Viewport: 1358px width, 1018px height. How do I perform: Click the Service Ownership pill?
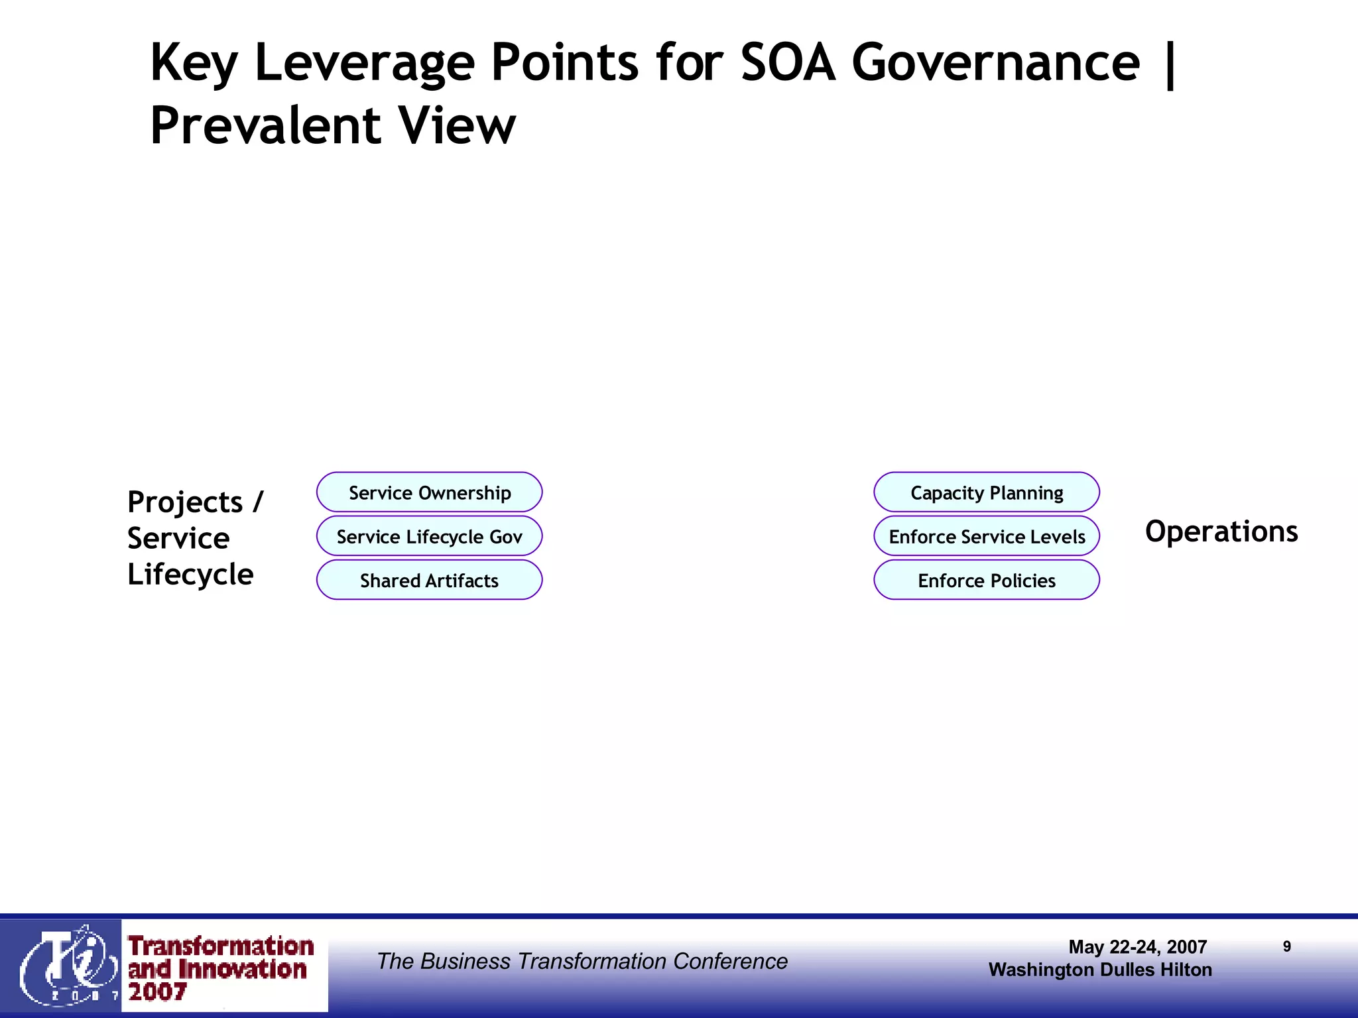(430, 492)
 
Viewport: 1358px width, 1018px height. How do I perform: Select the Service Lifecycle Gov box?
(430, 536)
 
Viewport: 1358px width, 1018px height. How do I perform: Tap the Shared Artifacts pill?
(430, 581)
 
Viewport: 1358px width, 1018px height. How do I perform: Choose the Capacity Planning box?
(987, 492)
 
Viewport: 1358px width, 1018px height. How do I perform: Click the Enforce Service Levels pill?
(987, 536)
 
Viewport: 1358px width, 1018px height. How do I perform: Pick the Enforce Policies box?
(987, 581)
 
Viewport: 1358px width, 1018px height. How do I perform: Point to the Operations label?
(1221, 532)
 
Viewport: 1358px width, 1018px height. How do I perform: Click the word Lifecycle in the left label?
(190, 574)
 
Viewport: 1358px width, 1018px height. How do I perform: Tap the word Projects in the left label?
(185, 502)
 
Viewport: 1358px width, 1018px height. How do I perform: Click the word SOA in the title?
(787, 62)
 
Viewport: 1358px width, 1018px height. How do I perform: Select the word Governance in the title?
(995, 62)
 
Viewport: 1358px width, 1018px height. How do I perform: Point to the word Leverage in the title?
(364, 62)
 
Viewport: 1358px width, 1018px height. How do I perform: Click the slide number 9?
(1286, 946)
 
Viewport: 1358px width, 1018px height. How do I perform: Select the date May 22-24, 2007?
(1137, 946)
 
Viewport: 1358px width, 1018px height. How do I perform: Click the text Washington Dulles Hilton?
(1100, 970)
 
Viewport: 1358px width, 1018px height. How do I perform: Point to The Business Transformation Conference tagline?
(582, 961)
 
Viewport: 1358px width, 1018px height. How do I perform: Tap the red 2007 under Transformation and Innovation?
(157, 992)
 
